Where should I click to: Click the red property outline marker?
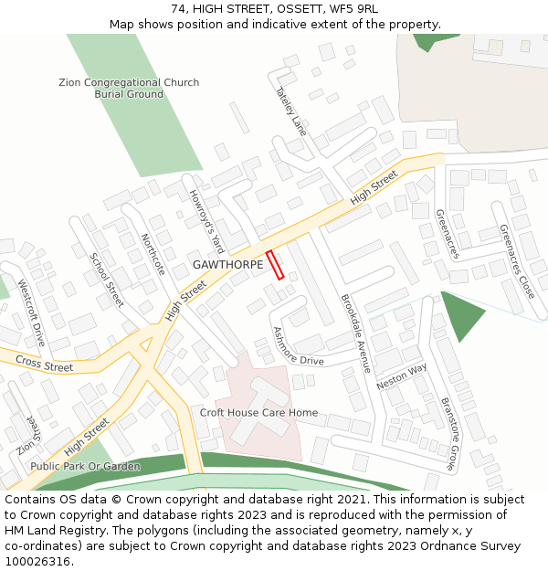click(x=275, y=264)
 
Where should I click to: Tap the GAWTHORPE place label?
click(x=227, y=264)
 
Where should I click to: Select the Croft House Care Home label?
click(x=258, y=413)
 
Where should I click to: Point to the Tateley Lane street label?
click(x=291, y=112)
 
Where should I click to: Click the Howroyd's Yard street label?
click(x=206, y=221)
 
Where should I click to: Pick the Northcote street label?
click(x=153, y=255)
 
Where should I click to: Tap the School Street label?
click(x=107, y=280)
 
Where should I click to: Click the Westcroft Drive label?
click(x=31, y=314)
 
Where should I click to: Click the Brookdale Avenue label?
click(x=355, y=333)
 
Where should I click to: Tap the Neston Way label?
click(x=402, y=376)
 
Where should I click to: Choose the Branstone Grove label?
click(x=448, y=433)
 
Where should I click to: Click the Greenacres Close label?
click(x=517, y=262)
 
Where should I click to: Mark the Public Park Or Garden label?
click(x=85, y=467)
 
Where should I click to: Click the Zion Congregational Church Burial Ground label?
click(x=129, y=89)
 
